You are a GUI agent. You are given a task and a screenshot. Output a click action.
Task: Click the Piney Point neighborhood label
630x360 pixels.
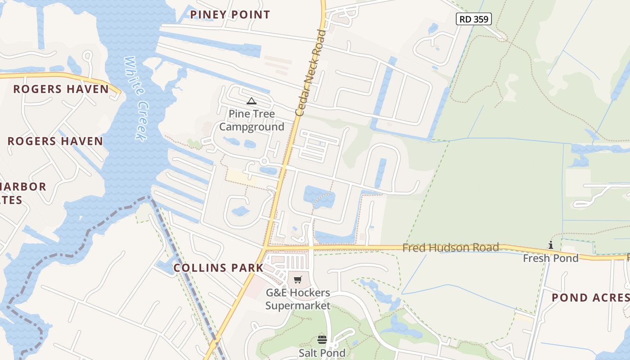tap(230, 14)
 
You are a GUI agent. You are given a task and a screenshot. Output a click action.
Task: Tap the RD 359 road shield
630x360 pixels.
tap(474, 19)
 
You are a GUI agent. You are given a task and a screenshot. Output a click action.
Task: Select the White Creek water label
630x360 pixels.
tap(136, 98)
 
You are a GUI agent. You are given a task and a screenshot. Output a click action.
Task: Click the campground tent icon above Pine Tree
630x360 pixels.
tap(252, 101)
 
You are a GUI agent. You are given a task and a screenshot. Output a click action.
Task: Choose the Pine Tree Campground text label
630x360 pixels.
tap(252, 120)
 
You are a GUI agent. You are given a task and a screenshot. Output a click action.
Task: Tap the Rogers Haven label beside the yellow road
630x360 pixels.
tap(61, 89)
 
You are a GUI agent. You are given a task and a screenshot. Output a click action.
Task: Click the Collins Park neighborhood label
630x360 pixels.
tap(218, 268)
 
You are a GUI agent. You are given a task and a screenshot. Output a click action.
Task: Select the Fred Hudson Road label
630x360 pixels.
tap(450, 247)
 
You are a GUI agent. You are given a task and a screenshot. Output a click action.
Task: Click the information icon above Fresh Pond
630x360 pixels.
tap(550, 245)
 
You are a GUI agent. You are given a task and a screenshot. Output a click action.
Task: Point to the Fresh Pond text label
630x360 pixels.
tap(550, 258)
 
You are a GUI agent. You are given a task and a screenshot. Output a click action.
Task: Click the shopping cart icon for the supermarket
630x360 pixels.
tap(297, 280)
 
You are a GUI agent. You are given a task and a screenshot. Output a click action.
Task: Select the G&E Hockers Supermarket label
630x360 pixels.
tap(297, 299)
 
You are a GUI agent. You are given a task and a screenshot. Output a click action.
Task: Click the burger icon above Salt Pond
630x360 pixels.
tap(322, 340)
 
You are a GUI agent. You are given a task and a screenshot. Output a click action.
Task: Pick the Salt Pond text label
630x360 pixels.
tap(322, 353)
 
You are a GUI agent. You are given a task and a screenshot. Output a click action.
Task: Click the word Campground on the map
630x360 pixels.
tap(252, 127)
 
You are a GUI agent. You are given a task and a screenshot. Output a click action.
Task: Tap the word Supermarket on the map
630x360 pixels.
tap(297, 306)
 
